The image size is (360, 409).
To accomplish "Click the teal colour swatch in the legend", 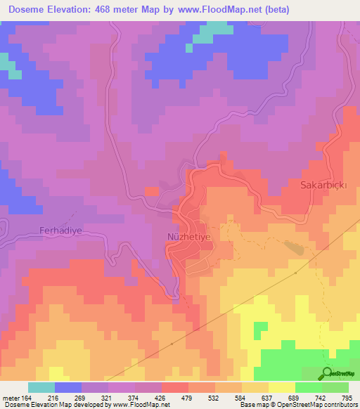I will coord(41,387).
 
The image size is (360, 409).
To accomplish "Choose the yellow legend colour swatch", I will coord(281,387).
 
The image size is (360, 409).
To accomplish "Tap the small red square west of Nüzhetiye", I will coord(151,191).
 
